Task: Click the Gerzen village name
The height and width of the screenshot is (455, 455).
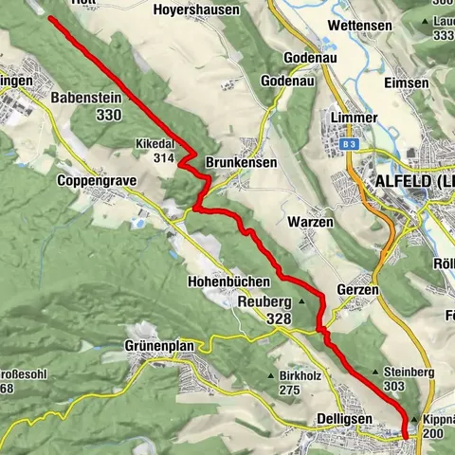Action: (357, 290)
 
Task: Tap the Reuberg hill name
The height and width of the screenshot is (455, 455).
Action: (264, 302)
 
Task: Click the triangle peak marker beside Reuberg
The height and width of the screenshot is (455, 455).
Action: (301, 301)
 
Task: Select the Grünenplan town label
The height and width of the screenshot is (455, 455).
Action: (159, 346)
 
